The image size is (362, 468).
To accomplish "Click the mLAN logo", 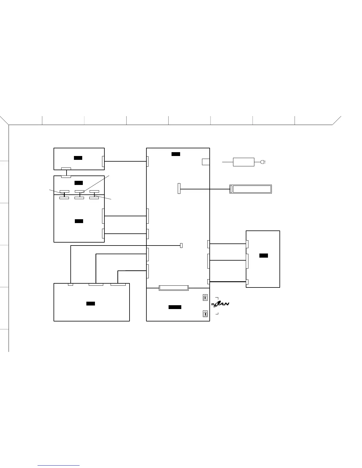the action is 221,304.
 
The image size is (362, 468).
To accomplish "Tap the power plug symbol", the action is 263,162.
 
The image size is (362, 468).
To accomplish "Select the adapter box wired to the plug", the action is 243,162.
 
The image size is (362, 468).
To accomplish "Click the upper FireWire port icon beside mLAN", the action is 205,298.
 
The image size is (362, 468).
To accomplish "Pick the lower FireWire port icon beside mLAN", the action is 205,314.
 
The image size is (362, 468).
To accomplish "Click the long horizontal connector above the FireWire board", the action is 174,288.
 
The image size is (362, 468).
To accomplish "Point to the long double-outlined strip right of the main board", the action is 251,189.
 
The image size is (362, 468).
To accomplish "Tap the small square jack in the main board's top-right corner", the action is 206,162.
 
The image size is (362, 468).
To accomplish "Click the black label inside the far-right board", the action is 264,256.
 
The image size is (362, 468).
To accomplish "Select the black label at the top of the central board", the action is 176,154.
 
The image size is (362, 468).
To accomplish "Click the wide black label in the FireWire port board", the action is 175,307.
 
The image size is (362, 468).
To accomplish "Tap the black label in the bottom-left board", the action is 90,304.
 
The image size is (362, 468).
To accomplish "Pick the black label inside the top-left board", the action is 78,158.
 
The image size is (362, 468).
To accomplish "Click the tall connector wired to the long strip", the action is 179,188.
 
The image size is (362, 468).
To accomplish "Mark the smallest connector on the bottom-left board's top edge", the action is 70,285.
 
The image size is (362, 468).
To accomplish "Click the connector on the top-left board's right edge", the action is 103,161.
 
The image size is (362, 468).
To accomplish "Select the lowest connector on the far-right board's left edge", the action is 247,282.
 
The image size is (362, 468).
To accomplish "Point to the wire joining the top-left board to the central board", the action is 125,161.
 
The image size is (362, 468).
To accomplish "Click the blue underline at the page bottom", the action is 59,466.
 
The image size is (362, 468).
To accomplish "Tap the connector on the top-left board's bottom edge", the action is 66,169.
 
